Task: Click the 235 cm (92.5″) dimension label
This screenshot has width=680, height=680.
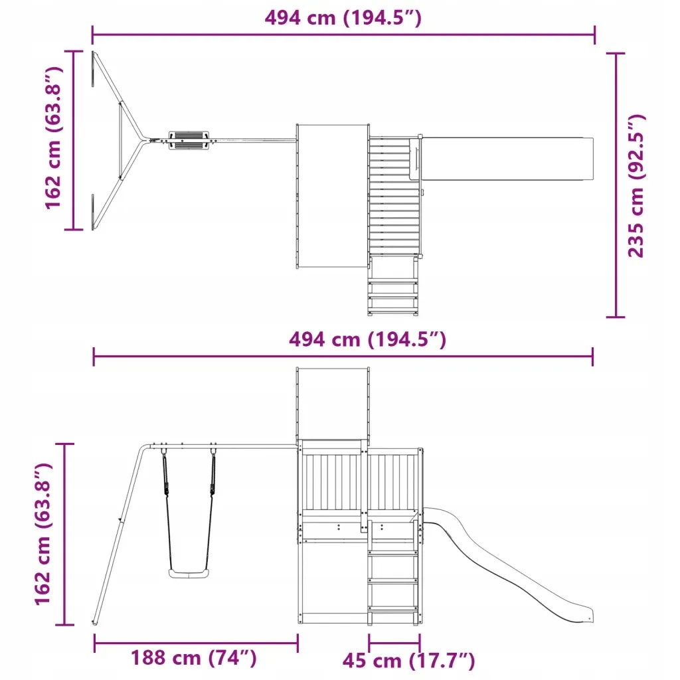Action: (x=636, y=186)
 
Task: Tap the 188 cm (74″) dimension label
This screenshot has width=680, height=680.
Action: (x=194, y=657)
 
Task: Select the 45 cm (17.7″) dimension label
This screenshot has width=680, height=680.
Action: (x=408, y=661)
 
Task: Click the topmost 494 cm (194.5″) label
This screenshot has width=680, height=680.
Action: (x=343, y=18)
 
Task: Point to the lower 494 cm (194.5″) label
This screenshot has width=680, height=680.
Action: (x=367, y=339)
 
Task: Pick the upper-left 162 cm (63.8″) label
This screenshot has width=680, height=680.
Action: (x=54, y=138)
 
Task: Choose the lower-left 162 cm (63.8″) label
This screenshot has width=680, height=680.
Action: (x=43, y=534)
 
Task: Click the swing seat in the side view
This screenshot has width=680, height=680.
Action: (x=189, y=574)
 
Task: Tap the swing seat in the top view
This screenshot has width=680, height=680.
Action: (x=189, y=139)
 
